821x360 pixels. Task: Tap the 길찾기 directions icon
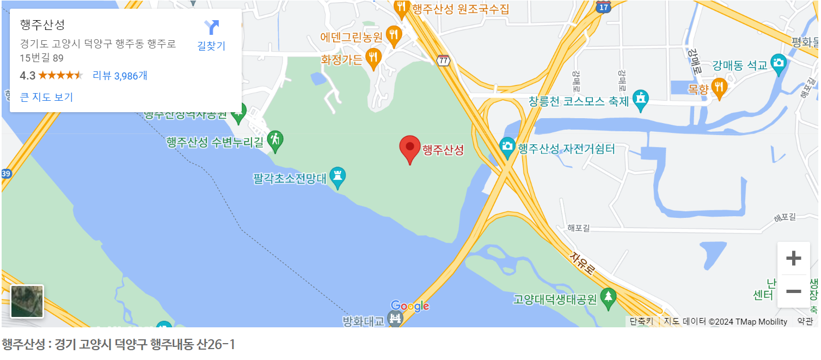tap(211, 27)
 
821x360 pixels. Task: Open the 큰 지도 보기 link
tap(46, 97)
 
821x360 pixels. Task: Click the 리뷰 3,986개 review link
tap(120, 75)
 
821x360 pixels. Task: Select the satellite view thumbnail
tap(27, 301)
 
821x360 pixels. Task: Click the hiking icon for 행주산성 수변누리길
tap(275, 140)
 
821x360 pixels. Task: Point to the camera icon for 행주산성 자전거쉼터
tap(507, 147)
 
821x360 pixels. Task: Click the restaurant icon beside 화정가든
tap(373, 57)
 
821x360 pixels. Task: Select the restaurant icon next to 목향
tap(720, 87)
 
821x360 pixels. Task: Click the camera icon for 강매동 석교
tap(779, 63)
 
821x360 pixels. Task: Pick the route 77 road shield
tap(444, 60)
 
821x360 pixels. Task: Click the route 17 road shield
tap(603, 7)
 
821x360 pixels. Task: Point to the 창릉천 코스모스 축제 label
tap(579, 101)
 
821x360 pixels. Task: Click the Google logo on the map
tap(410, 306)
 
